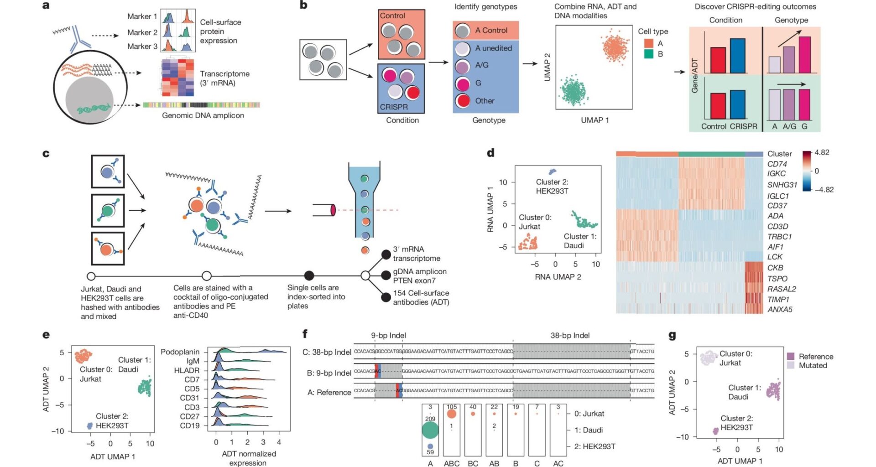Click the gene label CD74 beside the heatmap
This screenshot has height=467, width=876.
[x=777, y=164]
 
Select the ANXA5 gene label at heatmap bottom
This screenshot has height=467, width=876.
[x=779, y=309]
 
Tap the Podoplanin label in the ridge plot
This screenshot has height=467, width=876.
[x=180, y=352]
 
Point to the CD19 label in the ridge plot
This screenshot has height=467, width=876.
[x=189, y=425]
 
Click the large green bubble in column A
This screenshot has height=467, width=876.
[x=430, y=430]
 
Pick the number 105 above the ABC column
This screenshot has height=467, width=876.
[x=451, y=407]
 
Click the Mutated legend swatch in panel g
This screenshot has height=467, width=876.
[x=791, y=365]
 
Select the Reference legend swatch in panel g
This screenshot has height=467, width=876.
[x=791, y=356]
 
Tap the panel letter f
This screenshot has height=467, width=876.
[x=305, y=334]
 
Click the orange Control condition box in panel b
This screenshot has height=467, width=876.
[x=401, y=35]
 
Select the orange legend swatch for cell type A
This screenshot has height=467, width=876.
[x=648, y=43]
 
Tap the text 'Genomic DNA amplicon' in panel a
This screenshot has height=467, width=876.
[x=203, y=115]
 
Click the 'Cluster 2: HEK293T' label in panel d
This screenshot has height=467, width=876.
[x=552, y=186]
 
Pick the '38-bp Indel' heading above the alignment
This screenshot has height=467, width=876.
[x=570, y=335]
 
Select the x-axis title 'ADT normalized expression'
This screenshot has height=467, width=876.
[x=249, y=458]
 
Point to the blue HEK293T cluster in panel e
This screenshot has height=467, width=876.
[x=90, y=425]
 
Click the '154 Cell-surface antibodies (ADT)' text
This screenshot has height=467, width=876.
[x=421, y=297]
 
